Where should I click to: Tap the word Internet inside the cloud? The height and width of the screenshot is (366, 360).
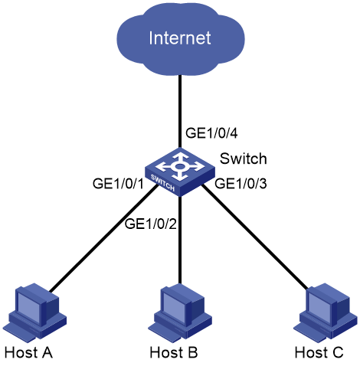coord(180,38)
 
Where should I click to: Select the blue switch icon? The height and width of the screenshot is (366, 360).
coord(180,172)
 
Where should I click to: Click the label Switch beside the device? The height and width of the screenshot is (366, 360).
coord(244,158)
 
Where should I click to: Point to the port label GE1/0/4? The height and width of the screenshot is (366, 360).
coord(211,133)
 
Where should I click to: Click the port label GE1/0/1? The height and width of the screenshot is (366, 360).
coord(118,184)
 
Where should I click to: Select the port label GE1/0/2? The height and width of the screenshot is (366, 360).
coord(151,224)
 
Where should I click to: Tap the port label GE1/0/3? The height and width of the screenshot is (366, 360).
coord(241,184)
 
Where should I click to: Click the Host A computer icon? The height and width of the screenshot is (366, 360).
coord(35,312)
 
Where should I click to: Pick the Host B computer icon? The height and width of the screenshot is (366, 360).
coord(180,312)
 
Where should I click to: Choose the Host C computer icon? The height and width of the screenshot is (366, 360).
coord(325,312)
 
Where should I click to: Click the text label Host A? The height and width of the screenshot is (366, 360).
coord(28,352)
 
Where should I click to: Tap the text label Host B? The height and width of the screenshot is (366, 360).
coord(174,352)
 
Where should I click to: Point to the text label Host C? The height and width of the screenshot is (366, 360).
coord(319,352)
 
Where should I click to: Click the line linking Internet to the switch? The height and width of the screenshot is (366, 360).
coord(180,112)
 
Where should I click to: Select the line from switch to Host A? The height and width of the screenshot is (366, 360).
coord(103,239)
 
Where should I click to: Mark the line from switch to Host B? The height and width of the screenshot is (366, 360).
coord(180,240)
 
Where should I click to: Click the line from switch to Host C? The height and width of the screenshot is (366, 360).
coord(255,237)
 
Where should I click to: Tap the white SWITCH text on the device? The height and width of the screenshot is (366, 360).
coord(162,183)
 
